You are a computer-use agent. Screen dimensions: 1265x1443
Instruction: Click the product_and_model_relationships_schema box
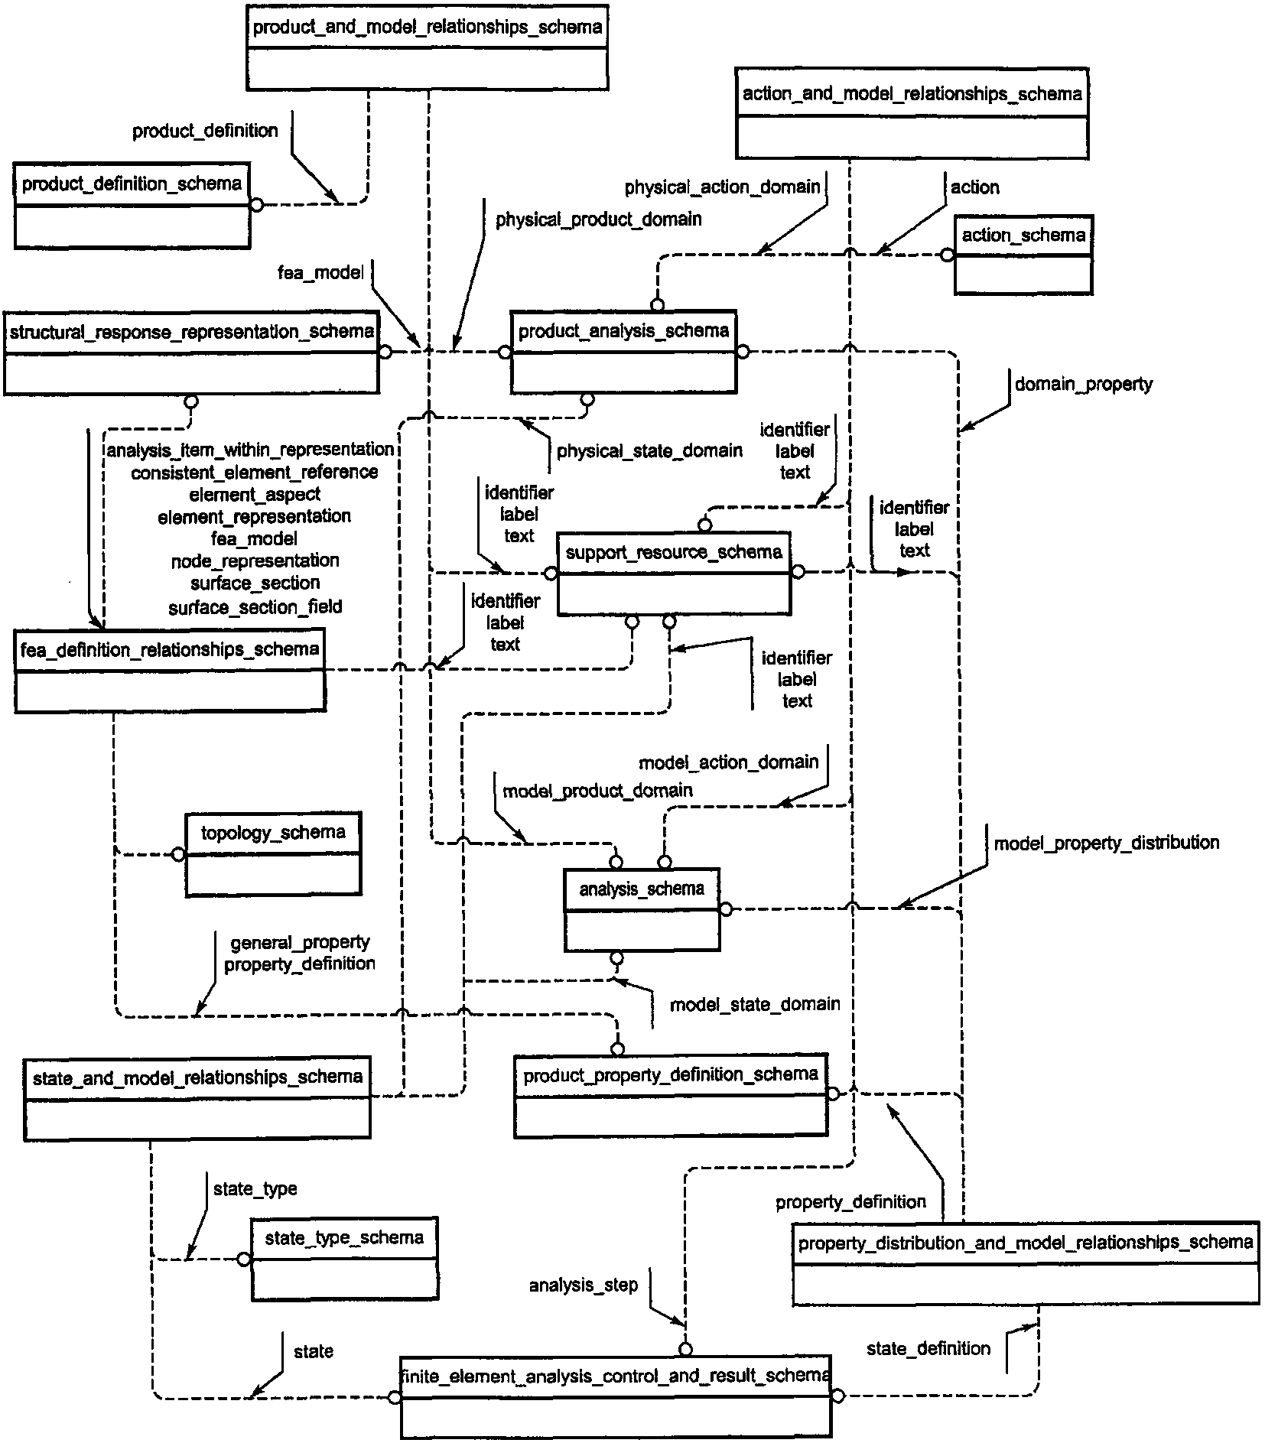[428, 47]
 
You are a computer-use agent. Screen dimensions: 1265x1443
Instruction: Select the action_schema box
[1023, 255]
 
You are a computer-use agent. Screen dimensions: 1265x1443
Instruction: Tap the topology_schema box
[273, 854]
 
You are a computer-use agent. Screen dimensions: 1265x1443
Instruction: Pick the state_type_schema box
[345, 1259]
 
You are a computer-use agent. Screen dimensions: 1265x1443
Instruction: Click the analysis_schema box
[642, 909]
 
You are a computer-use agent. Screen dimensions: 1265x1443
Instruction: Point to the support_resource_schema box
[674, 574]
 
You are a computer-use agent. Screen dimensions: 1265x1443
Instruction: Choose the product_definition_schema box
[132, 206]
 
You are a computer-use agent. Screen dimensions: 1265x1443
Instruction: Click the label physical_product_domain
[599, 220]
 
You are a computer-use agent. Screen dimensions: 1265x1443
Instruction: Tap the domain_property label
[1083, 384]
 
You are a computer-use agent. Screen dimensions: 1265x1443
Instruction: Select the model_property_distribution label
[1107, 843]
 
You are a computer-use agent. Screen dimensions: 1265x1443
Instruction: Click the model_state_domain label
[755, 1004]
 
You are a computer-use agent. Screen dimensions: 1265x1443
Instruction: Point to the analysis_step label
[584, 1285]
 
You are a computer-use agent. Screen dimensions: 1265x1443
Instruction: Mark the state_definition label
[928, 1348]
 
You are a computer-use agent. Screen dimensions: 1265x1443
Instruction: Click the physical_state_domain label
[649, 451]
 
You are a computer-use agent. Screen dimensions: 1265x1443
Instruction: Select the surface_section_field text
[255, 607]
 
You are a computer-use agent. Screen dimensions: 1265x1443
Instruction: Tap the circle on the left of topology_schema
[178, 854]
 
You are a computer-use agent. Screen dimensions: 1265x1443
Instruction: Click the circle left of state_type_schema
[244, 1259]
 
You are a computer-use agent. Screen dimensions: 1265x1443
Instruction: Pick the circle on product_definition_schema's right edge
[257, 205]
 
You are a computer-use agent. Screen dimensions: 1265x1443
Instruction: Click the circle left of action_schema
[948, 255]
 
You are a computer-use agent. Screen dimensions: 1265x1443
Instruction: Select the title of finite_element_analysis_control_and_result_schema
[616, 1376]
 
